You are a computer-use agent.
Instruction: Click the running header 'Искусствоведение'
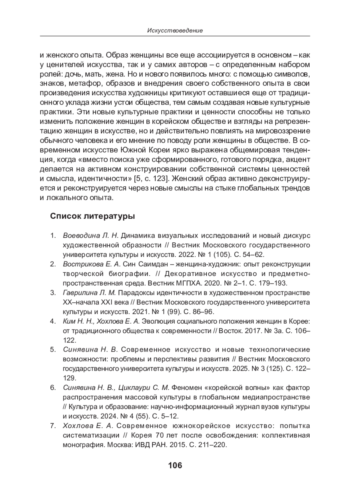[x=175, y=31]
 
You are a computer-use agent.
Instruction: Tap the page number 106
[x=175, y=466]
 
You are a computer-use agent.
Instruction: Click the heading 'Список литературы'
[x=92, y=216]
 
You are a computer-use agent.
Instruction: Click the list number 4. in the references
[x=53, y=322]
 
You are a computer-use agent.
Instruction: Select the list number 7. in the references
[x=53, y=426]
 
